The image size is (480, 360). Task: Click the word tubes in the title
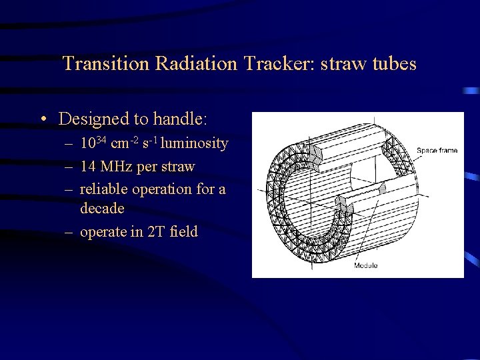[x=395, y=64]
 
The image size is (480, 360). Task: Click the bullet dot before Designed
[x=43, y=120]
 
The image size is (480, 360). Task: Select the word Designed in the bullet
[x=93, y=119]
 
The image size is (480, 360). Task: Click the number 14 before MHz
[x=88, y=167]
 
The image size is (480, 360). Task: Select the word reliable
[x=104, y=189]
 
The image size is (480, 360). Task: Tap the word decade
[x=102, y=209]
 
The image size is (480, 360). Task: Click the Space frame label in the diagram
[x=437, y=151]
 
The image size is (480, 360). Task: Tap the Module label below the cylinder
[x=365, y=265]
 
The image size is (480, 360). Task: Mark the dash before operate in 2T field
[x=69, y=233]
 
